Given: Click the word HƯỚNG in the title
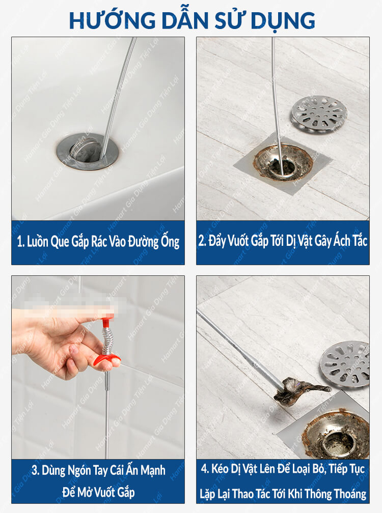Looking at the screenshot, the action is pyautogui.click(x=112, y=20).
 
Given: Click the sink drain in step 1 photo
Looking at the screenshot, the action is pyautogui.click(x=88, y=151).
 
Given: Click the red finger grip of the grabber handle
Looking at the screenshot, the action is pyautogui.click(x=107, y=360).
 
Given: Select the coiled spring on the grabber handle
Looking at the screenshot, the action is pyautogui.click(x=107, y=340).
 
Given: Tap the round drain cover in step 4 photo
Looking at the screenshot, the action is pyautogui.click(x=345, y=364).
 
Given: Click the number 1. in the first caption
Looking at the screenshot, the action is pyautogui.click(x=20, y=241).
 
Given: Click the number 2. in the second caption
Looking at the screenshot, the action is pyautogui.click(x=202, y=241).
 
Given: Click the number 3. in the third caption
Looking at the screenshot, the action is pyautogui.click(x=36, y=470).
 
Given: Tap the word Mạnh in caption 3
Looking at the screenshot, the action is pyautogui.click(x=153, y=470).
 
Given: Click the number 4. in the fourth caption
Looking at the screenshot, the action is pyautogui.click(x=205, y=469).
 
